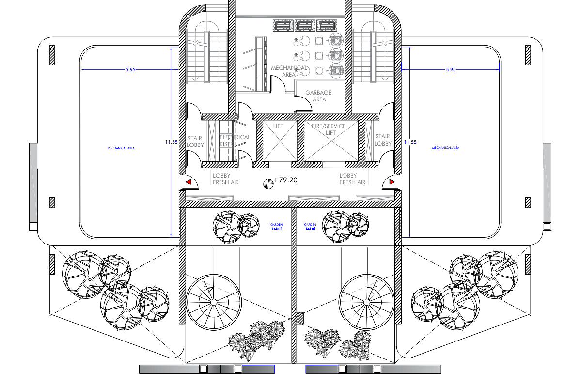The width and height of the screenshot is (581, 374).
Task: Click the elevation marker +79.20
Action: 285,180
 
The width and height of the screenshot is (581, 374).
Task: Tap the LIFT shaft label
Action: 278,126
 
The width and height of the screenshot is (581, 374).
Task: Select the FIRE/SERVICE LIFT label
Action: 329,130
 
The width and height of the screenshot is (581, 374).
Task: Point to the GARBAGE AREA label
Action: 318,96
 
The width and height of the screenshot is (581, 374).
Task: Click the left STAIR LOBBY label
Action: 195,141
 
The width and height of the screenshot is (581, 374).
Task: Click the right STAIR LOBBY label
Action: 383,140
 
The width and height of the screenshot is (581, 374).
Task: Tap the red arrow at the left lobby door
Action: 189,182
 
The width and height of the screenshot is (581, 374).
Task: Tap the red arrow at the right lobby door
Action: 392,182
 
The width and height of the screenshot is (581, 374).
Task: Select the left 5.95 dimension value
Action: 130,70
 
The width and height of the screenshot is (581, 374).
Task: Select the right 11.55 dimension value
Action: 410,142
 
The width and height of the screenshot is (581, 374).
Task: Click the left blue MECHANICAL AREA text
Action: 121,148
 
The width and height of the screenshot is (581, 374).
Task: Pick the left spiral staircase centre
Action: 214,302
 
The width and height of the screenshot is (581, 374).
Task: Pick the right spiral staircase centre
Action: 367,302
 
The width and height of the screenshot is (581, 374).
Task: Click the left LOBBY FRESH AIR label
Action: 225,179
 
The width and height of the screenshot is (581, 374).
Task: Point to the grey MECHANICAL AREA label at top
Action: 289,71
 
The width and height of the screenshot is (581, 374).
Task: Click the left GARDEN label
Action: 277,226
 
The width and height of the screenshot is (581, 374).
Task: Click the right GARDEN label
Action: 310,226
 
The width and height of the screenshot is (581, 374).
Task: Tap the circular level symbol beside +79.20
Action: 267,183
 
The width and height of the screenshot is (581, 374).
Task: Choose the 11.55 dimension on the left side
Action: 171,142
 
